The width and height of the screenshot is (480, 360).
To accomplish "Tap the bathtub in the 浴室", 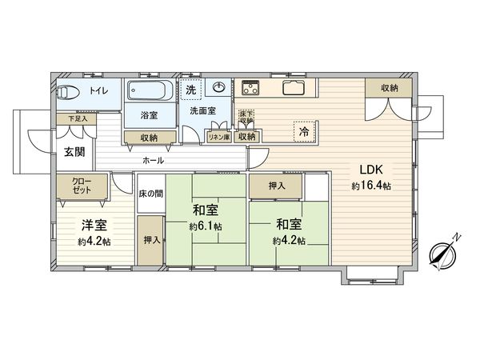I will click(150, 89).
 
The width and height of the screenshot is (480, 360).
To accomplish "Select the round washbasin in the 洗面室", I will click(218, 87).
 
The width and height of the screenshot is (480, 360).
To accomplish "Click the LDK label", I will click(370, 170).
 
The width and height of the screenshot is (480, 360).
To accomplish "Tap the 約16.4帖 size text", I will click(370, 186).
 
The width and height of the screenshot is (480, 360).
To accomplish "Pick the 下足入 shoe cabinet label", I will click(77, 119).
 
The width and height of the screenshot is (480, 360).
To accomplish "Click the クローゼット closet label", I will click(81, 186).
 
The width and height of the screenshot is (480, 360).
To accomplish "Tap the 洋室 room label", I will click(94, 226).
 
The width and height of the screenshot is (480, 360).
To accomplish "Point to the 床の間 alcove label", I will click(150, 194).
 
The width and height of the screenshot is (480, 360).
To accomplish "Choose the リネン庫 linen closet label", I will click(218, 138).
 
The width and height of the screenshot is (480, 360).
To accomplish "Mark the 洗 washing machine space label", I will click(190, 90).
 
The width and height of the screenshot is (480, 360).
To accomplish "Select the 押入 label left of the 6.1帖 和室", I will click(150, 240).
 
